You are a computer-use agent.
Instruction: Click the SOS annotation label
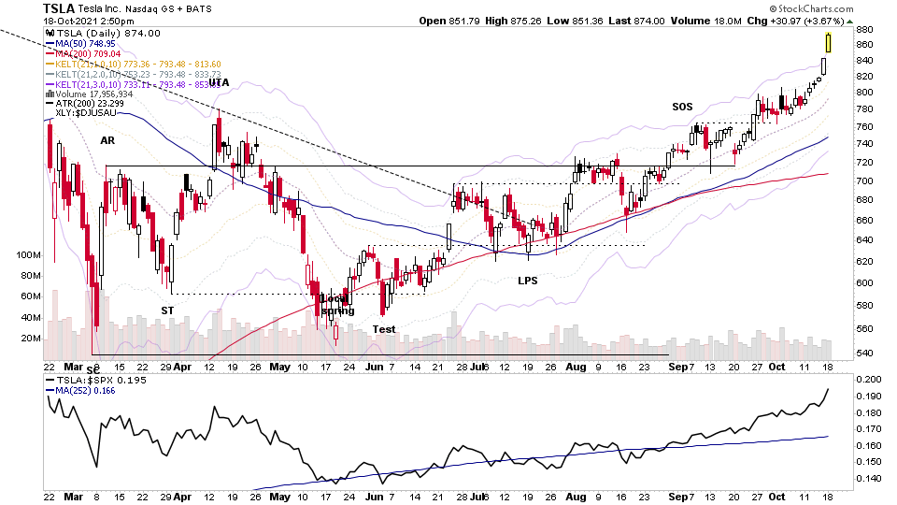tap(682, 107)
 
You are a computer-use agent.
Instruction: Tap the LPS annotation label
tap(529, 280)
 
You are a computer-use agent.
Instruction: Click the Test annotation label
tap(383, 328)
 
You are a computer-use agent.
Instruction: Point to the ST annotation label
tap(167, 310)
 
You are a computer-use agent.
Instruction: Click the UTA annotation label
tap(219, 82)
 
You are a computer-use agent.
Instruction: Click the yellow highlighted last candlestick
tap(829, 41)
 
